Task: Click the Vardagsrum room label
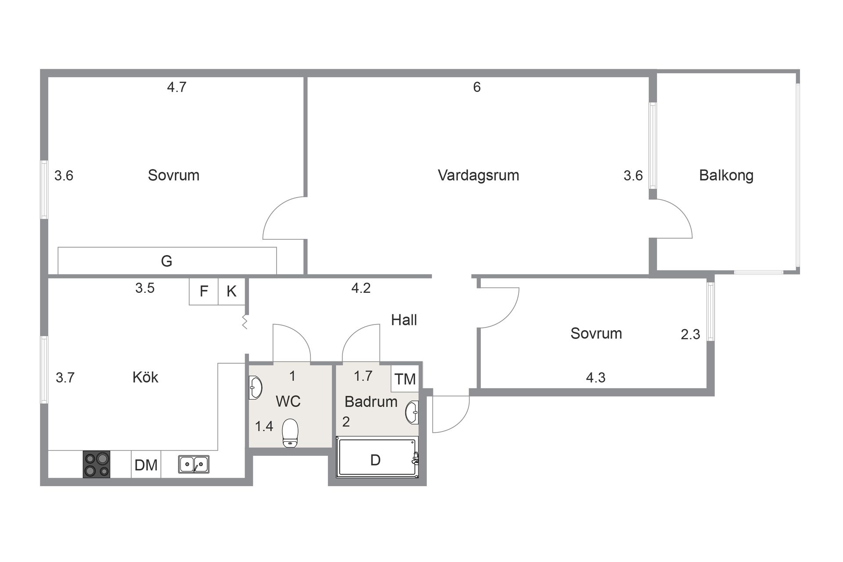point(478,175)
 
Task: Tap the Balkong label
point(726,175)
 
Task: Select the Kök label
point(145,377)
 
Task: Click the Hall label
point(403,320)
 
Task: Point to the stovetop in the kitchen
point(97,465)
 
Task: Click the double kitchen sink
point(194,465)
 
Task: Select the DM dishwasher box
point(146,465)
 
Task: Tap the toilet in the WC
point(290,432)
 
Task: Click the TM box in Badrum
point(405,378)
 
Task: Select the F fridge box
point(204,291)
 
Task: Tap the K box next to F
point(231,291)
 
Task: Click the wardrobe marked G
point(167,261)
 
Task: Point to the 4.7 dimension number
point(177,87)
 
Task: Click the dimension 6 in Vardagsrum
point(477,87)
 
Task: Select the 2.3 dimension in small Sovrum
point(690,335)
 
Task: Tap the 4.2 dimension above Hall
point(361,288)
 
